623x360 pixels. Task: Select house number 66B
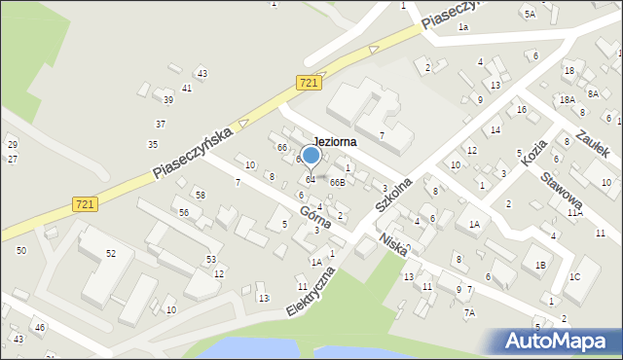point(337,182)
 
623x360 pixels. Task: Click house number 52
point(111,253)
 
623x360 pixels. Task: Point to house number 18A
point(567,99)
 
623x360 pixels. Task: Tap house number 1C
point(574,277)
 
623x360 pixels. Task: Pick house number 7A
point(469,312)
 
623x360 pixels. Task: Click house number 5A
point(530,14)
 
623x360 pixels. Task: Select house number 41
point(187,89)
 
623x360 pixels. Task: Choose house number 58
point(200,196)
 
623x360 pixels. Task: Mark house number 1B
point(538,264)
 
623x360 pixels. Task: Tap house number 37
point(161,124)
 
